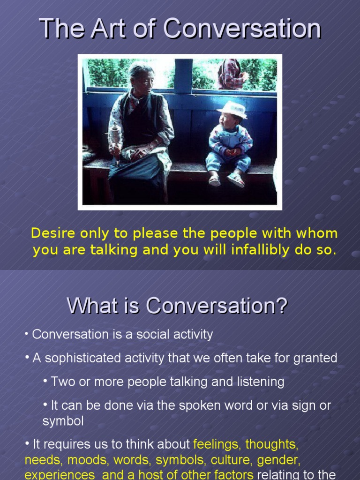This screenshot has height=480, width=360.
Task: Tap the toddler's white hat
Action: tap(232, 109)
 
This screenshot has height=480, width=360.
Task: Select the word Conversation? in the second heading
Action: tap(216, 306)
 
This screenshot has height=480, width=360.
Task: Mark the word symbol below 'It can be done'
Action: tap(63, 420)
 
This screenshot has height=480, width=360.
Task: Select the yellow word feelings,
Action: tap(217, 444)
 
